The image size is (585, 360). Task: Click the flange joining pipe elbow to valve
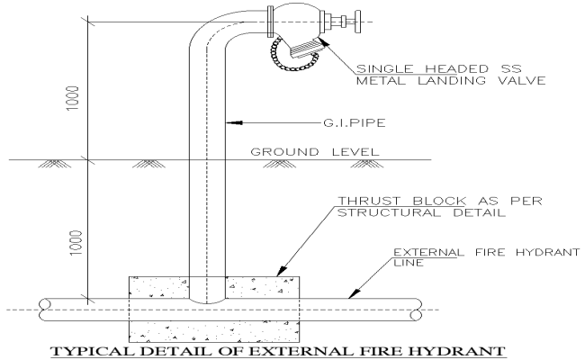pos(270,20)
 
